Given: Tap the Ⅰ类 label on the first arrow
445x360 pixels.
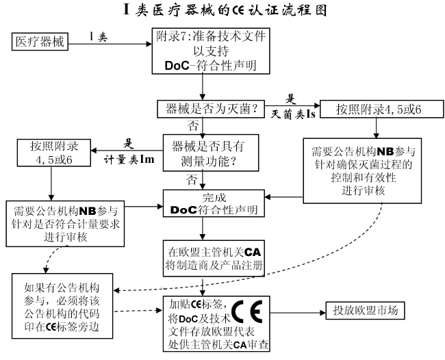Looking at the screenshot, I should point(99,35).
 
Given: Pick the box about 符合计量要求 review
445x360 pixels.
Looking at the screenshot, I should point(65,222).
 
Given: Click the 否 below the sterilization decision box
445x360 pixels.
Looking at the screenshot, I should point(194,127).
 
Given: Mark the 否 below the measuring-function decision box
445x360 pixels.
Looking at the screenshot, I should point(194,179).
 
